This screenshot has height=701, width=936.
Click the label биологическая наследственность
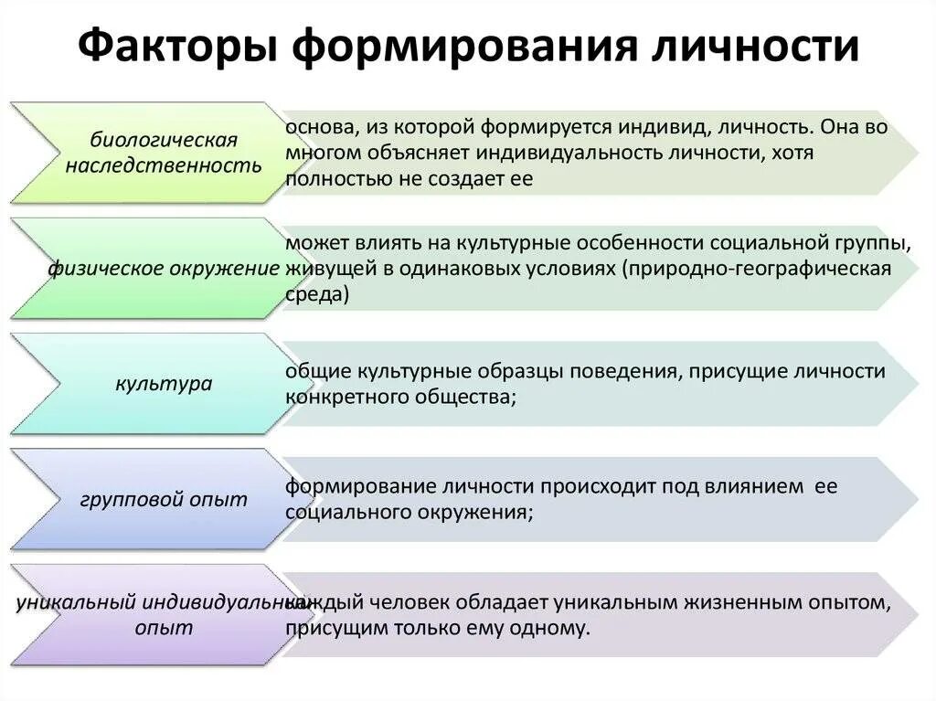point(164,153)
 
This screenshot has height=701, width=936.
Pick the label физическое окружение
point(164,268)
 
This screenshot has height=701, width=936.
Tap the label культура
point(164,383)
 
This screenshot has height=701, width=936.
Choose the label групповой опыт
point(164,499)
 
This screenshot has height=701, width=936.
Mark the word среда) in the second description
point(316,295)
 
